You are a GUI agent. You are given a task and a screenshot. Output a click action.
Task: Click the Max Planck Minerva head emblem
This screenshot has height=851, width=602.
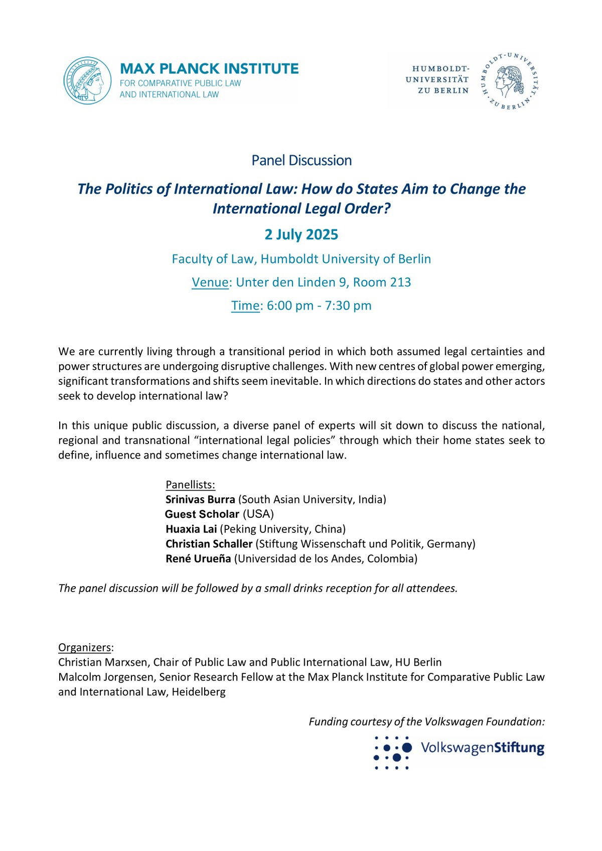click(87, 80)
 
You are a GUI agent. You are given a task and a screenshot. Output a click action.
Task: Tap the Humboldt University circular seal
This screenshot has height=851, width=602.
click(510, 80)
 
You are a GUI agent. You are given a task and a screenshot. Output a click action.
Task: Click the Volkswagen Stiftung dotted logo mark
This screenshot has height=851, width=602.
click(393, 753)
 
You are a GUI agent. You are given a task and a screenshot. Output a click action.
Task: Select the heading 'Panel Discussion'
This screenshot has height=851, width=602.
click(302, 161)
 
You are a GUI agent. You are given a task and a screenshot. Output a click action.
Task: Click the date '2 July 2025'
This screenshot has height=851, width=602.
click(302, 234)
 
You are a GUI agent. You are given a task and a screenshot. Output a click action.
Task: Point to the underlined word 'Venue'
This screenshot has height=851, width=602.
click(210, 282)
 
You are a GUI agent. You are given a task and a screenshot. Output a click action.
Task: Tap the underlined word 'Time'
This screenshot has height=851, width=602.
click(245, 306)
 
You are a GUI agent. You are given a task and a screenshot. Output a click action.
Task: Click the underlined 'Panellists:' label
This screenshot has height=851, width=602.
click(190, 485)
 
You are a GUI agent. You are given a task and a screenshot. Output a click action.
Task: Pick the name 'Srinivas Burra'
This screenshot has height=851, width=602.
click(200, 499)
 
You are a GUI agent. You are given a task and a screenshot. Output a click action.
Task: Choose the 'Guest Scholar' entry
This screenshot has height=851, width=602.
click(202, 514)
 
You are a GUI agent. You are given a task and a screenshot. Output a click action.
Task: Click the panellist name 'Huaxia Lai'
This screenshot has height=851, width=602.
click(191, 529)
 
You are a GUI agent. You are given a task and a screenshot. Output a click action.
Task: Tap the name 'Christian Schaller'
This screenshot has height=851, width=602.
click(209, 544)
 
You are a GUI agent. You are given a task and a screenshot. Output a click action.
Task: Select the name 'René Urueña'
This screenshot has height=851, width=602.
click(199, 558)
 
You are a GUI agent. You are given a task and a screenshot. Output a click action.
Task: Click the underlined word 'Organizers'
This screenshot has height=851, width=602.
click(84, 647)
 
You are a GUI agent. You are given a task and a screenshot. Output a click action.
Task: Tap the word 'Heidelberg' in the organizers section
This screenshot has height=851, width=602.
click(199, 692)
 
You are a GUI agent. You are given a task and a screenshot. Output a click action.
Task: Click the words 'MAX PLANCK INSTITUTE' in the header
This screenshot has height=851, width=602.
click(209, 68)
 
